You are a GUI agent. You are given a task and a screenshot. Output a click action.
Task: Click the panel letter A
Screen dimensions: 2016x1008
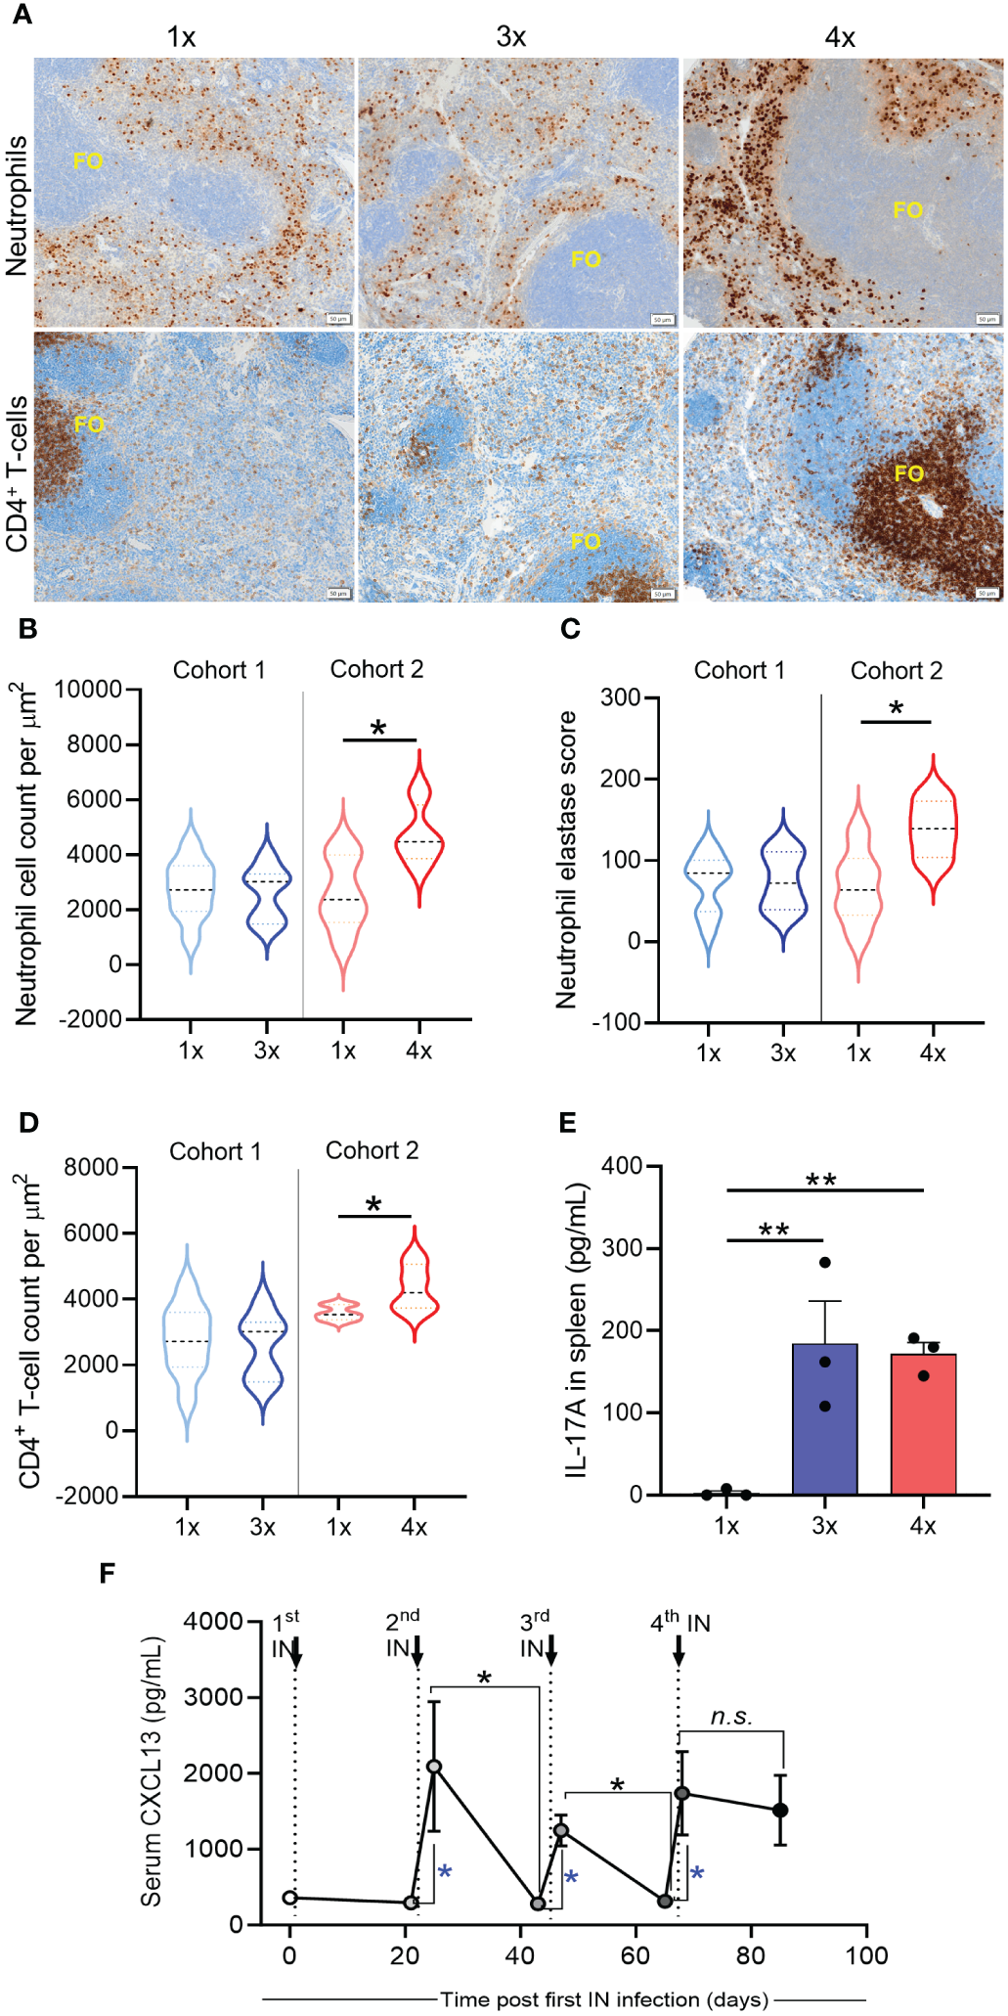(21, 15)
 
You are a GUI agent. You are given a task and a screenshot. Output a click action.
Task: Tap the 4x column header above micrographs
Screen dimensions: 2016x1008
(840, 37)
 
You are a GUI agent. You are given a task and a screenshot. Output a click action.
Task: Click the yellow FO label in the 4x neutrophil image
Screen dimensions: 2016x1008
(907, 210)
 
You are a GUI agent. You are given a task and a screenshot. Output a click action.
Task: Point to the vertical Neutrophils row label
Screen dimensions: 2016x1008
(17, 205)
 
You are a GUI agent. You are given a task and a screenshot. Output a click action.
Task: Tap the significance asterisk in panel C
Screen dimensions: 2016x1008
(897, 708)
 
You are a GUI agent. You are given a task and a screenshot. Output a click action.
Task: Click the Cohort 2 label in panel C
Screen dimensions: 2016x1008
(896, 671)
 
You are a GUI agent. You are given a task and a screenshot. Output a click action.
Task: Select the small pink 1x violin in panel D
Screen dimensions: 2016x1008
(338, 1313)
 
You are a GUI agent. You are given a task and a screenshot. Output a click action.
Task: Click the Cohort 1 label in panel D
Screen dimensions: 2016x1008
(215, 1151)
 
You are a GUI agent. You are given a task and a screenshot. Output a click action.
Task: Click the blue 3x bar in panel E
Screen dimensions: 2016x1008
(824, 1418)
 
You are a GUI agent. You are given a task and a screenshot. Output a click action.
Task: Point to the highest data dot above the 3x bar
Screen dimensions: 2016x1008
(825, 1262)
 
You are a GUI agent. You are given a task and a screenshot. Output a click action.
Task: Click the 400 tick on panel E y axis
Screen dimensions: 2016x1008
(622, 1166)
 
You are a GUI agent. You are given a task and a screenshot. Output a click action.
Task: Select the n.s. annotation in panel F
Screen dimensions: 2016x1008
(730, 1717)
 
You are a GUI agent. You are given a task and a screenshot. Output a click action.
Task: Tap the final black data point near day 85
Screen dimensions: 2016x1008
(780, 1810)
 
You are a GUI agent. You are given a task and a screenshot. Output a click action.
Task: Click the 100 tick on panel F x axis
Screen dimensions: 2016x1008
(866, 1954)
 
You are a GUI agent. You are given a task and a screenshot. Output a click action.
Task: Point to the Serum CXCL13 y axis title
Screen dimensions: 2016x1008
(151, 1771)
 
